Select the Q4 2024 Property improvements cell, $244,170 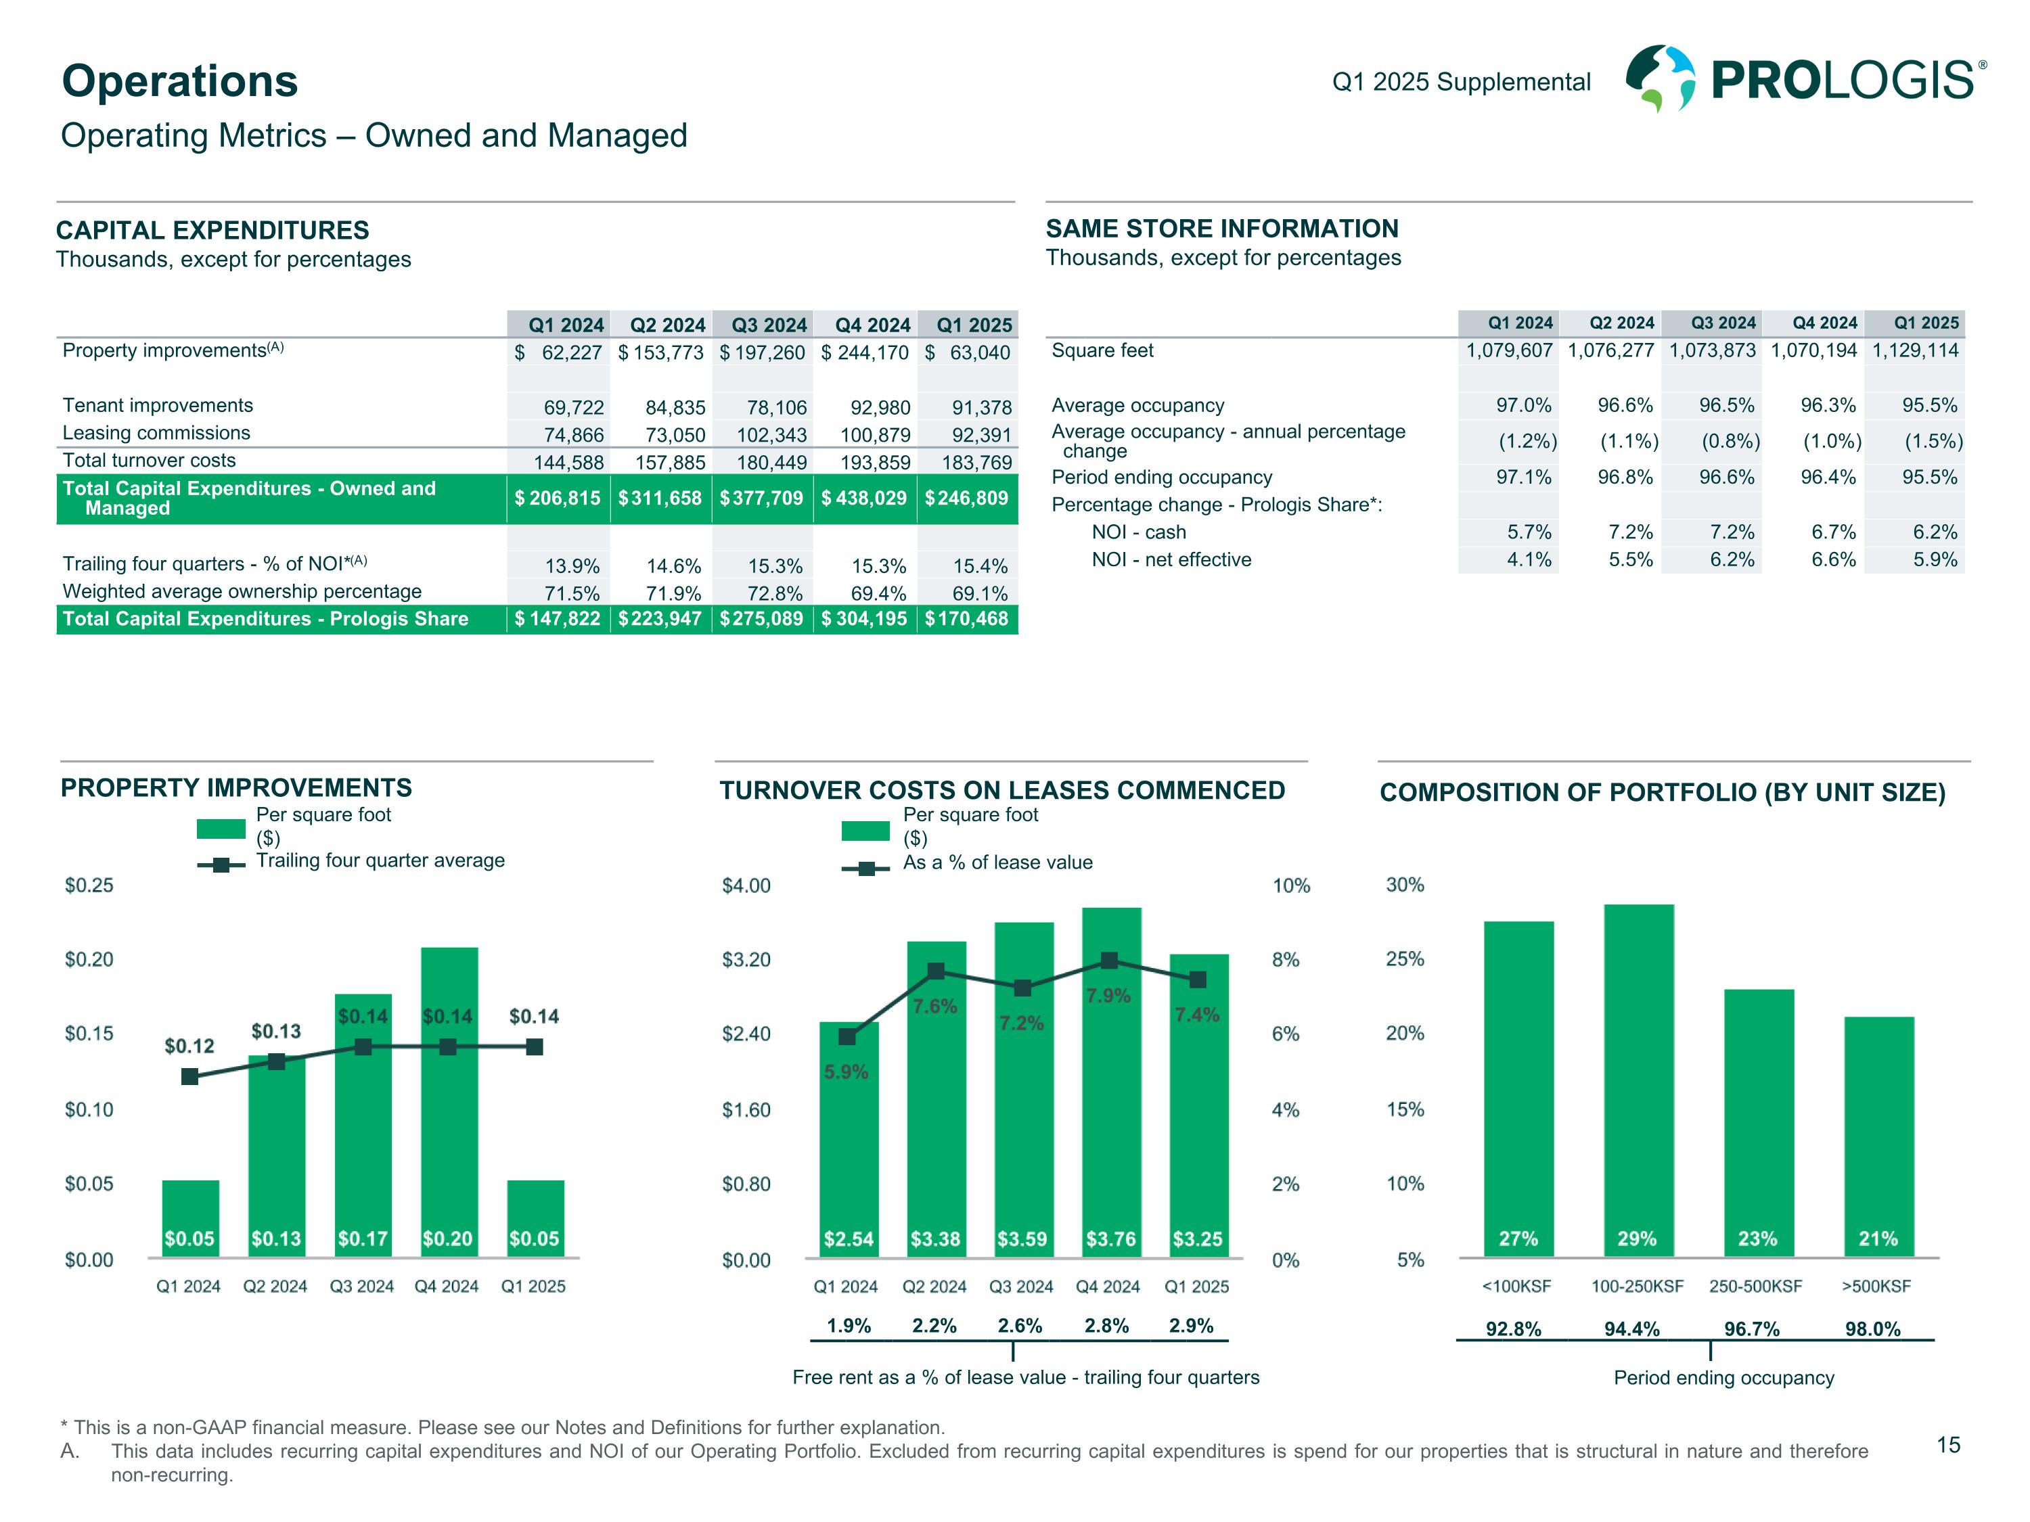(x=865, y=353)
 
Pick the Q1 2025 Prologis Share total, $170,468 (x=967, y=619)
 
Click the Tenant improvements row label (x=158, y=405)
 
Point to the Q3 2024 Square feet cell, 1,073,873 (x=1711, y=350)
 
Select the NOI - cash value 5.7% (x=1529, y=532)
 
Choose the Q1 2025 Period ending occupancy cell (x=1929, y=477)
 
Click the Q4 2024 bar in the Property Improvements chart (x=449, y=1101)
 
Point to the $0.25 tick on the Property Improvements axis (x=89, y=885)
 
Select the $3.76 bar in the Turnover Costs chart (x=1111, y=1082)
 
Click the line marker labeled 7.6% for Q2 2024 (x=936, y=971)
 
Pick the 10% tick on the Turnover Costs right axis (x=1290, y=886)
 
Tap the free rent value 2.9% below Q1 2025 (x=1191, y=1326)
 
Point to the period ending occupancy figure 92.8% (x=1513, y=1329)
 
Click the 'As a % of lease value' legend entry (x=997, y=863)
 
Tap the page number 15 (x=1947, y=1446)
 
